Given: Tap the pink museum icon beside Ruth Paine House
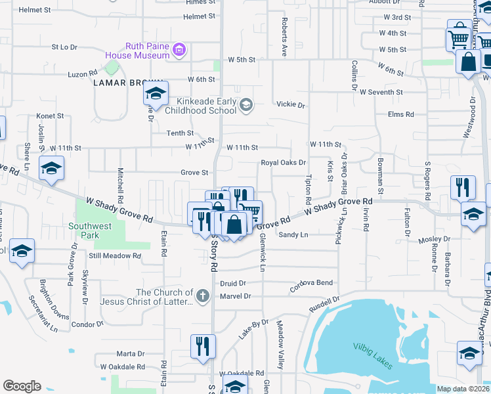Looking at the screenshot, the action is [179, 49].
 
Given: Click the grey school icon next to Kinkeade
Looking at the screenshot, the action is [245, 105].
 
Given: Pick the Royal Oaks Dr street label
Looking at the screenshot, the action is [284, 162].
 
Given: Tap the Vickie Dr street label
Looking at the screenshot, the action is [291, 105].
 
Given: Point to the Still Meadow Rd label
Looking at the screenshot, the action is [116, 256].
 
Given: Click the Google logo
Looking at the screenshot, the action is [22, 386].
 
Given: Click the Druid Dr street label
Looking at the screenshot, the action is [232, 283].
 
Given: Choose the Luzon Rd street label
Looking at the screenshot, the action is [82, 74].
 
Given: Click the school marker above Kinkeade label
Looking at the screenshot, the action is [156, 94].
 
